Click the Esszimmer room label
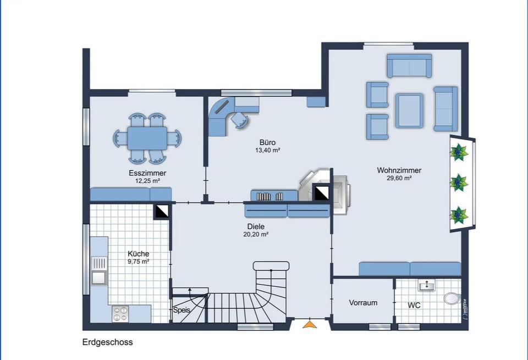[x=147, y=173]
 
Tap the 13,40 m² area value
[x=268, y=150]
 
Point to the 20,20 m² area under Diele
[x=256, y=234]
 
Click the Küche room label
[x=138, y=254]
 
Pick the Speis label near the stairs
[x=182, y=310]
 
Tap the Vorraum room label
[x=363, y=303]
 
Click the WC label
[x=414, y=305]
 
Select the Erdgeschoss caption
[x=107, y=342]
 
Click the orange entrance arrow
[x=310, y=324]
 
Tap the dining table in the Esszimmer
[x=147, y=138]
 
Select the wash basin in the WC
[x=426, y=285]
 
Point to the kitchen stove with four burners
[x=120, y=314]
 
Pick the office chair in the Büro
[x=239, y=119]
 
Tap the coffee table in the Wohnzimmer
[x=409, y=110]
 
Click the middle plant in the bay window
[x=459, y=182]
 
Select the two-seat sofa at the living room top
[x=409, y=66]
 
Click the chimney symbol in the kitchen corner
[x=161, y=211]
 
